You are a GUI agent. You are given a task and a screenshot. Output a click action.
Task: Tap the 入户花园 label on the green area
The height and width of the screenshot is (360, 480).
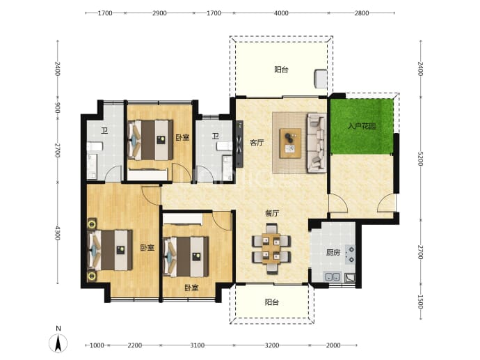tap(362, 126)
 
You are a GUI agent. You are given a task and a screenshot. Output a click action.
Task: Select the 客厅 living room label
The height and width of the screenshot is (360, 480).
tap(257, 143)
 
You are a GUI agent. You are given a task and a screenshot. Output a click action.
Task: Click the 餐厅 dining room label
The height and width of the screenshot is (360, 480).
tap(272, 213)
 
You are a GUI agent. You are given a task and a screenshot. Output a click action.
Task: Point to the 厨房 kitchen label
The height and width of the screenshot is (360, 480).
tap(333, 253)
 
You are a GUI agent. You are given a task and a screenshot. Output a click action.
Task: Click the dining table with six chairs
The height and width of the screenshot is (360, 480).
tap(271, 248)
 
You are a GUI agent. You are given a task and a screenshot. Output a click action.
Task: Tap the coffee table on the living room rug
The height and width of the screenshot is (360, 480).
tap(290, 143)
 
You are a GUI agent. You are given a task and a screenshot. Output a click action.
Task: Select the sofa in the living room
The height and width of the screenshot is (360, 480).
tap(317, 143)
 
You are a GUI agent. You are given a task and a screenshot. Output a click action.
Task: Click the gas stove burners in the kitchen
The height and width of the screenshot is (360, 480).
tap(350, 255)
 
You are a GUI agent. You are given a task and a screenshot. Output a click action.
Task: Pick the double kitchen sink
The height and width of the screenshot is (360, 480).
tap(332, 277)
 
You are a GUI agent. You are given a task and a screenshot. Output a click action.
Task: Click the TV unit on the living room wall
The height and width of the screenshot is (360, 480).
tap(239, 144)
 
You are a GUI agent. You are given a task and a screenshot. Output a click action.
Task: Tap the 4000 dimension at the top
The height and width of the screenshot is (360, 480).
tap(281, 13)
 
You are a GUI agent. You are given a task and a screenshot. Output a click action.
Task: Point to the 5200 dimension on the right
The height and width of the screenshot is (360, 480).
tap(420, 158)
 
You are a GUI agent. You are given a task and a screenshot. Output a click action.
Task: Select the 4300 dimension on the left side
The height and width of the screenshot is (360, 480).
tap(57, 233)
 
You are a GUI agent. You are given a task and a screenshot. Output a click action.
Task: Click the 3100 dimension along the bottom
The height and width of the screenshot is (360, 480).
tap(197, 345)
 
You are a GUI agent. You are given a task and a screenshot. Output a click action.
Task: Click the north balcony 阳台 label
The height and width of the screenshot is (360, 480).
tap(281, 70)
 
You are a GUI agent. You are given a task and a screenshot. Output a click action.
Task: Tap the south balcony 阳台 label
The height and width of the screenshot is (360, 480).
tap(272, 302)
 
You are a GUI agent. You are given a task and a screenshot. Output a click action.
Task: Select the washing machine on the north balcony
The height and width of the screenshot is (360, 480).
tap(321, 79)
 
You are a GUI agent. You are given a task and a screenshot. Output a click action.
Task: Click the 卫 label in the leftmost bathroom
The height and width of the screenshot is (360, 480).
tap(104, 131)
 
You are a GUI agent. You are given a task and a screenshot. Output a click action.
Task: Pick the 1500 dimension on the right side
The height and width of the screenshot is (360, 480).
tap(420, 302)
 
